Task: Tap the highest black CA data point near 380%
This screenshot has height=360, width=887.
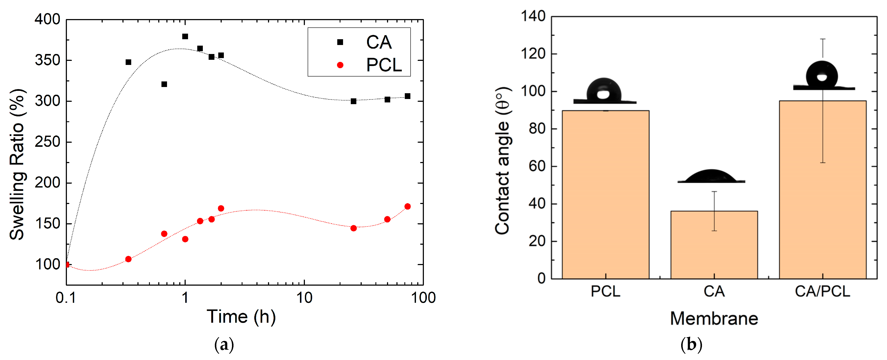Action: tap(185, 36)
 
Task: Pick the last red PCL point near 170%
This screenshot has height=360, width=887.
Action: tap(407, 207)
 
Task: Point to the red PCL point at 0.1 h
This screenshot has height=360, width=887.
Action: tap(67, 265)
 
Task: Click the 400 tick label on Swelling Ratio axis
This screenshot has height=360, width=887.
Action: tap(48, 20)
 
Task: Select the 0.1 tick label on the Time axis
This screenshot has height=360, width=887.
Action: tap(65, 298)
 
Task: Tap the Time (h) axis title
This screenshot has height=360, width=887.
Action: tap(241, 317)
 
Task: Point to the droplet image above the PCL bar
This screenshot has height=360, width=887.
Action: tap(604, 91)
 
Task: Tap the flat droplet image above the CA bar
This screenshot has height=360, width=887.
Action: tap(711, 176)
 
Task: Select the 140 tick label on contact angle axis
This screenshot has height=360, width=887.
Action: tap(533, 16)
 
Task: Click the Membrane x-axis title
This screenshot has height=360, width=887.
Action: tap(714, 318)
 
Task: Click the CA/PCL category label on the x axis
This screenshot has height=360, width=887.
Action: tap(822, 291)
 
